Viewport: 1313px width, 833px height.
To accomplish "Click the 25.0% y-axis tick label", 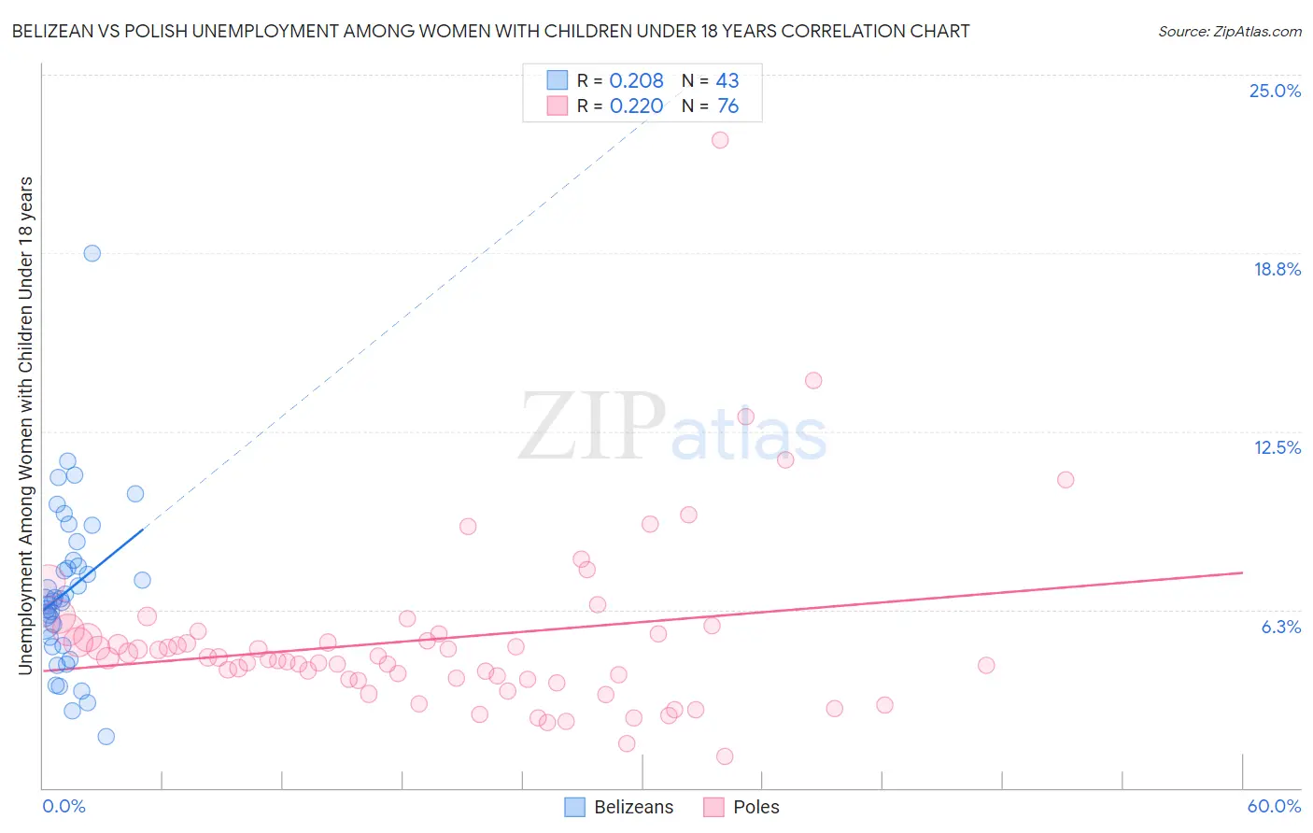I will click(x=1275, y=92).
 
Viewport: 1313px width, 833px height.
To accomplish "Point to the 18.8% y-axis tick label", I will click(x=1277, y=270).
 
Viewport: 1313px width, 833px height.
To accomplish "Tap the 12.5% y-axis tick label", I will click(x=1277, y=448).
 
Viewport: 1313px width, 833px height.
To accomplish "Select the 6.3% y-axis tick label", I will click(x=1280, y=628).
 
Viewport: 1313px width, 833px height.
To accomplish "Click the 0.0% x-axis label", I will click(x=64, y=806).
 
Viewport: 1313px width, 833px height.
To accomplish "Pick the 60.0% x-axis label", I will click(x=1274, y=806).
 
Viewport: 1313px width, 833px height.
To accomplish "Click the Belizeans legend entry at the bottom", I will click(x=619, y=807).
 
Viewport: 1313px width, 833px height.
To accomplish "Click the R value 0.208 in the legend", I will click(x=636, y=81).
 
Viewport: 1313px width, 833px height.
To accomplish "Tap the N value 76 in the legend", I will click(x=727, y=106).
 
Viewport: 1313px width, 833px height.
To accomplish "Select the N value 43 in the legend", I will click(x=727, y=81).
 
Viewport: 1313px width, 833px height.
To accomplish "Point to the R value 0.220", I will click(x=636, y=106).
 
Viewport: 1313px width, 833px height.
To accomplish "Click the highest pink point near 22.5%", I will click(x=720, y=140).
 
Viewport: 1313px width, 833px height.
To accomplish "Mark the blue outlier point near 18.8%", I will click(x=92, y=253).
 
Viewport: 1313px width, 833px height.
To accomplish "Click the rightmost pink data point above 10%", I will click(x=1066, y=480).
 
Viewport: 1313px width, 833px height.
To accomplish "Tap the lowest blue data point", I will click(x=106, y=737).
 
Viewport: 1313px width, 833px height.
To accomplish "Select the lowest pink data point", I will click(x=725, y=756).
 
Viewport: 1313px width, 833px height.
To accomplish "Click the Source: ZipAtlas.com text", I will click(x=1230, y=32).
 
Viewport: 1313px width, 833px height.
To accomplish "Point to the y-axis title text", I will click(x=25, y=425).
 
